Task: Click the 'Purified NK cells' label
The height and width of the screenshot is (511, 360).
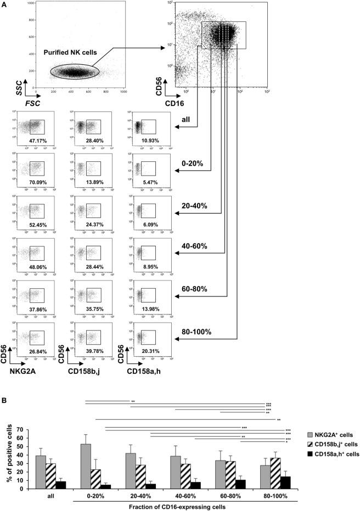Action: click(x=71, y=53)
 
